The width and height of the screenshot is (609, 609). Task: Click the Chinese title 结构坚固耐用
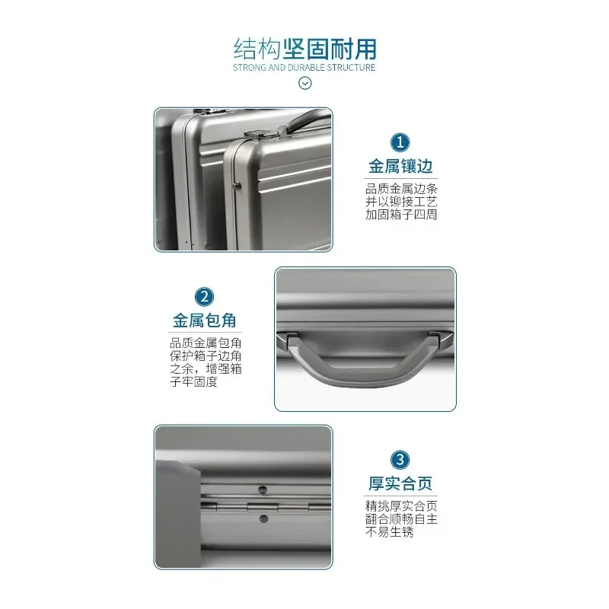coord(305,49)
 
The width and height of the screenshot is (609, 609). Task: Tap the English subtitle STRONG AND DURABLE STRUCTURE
coord(304,68)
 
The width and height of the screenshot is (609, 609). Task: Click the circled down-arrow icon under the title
coord(305,83)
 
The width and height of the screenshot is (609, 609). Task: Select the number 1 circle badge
coord(400,142)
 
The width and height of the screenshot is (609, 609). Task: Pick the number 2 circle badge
coord(204,297)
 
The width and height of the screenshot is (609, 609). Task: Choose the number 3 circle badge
coord(400,460)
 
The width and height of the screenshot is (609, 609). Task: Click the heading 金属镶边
coord(400,166)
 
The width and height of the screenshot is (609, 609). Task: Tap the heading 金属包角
coord(205,320)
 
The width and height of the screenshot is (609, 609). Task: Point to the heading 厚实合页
coord(400,483)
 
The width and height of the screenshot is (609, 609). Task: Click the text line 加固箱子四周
coord(401,215)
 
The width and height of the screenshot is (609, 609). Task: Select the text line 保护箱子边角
coord(206,356)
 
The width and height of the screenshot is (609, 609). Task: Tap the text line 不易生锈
coord(389,531)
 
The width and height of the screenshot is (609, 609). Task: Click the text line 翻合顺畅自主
coord(401,519)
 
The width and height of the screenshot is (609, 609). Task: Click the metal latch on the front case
coord(262,136)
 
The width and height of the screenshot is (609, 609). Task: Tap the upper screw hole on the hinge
coord(263,489)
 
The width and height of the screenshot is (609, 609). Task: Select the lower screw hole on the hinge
coord(263,518)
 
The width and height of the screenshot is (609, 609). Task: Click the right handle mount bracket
coord(441,337)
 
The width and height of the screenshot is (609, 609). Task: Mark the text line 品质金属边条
coord(401,189)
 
